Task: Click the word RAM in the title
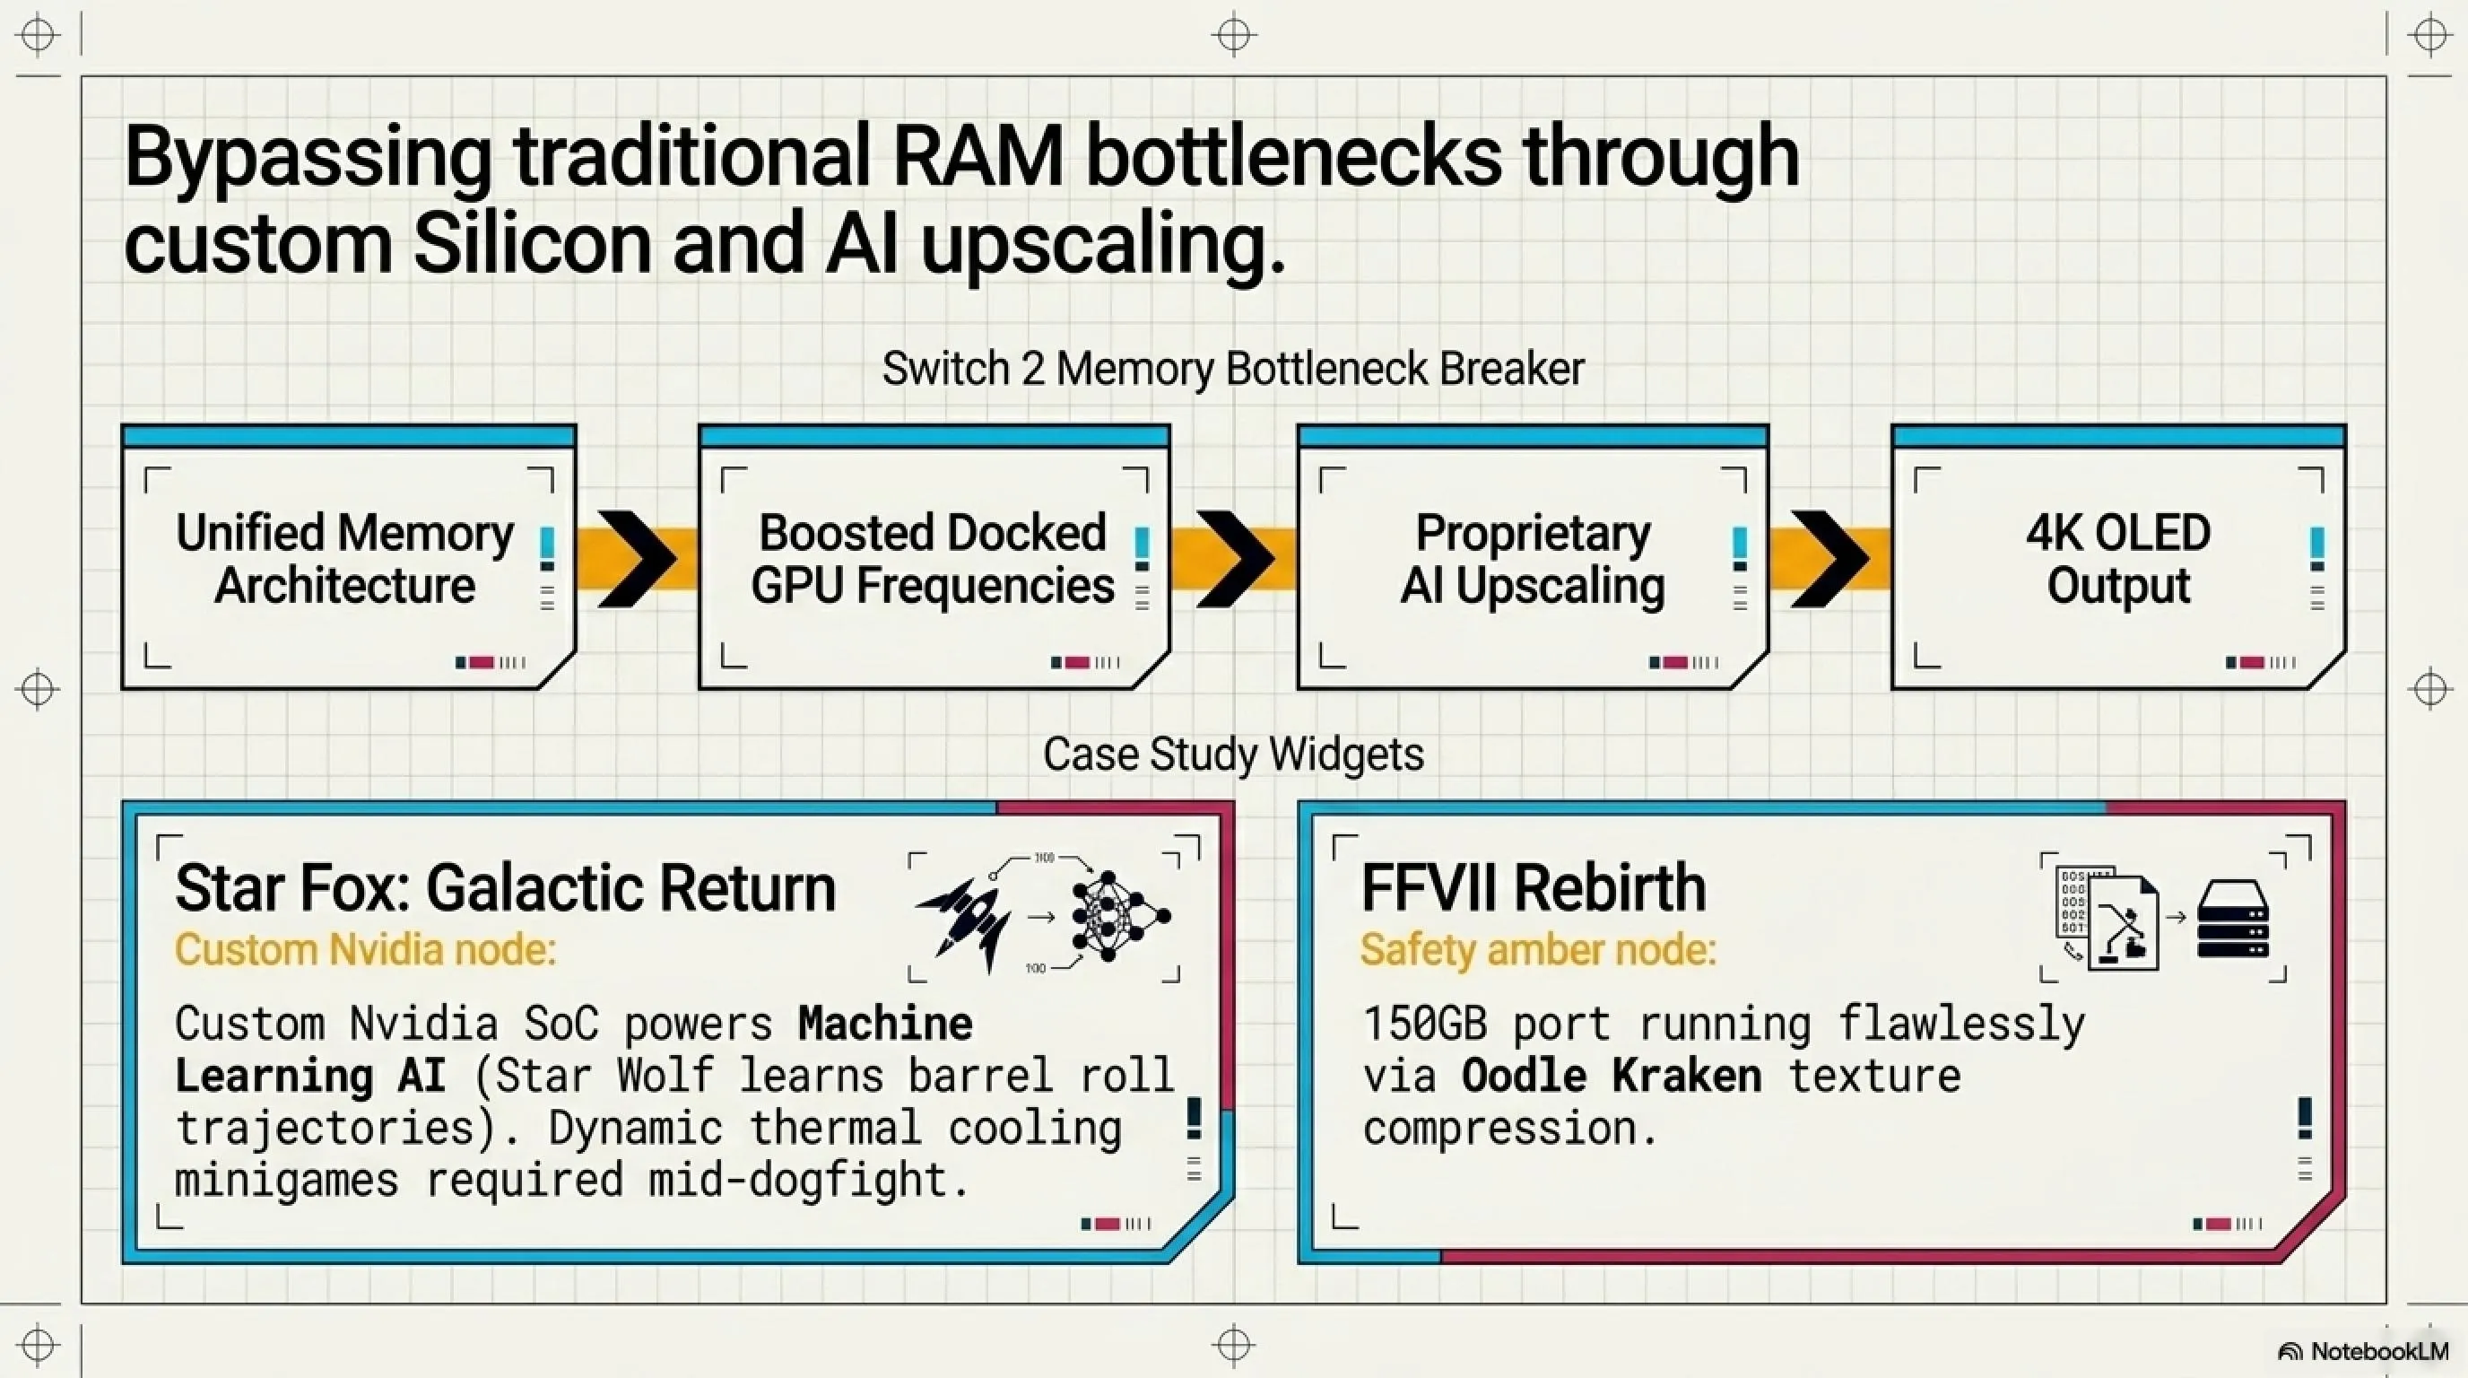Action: click(978, 157)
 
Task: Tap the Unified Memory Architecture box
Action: click(349, 557)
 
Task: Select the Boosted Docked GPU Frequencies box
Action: click(934, 557)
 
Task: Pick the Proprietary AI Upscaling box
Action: click(1533, 557)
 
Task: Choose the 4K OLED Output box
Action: click(2118, 557)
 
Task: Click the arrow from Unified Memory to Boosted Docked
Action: click(637, 559)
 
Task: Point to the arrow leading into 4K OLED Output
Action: click(1829, 559)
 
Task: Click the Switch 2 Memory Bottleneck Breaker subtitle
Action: click(1233, 369)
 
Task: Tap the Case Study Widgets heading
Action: click(1233, 754)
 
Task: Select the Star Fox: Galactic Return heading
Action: click(505, 887)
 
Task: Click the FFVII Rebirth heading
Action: click(1534, 887)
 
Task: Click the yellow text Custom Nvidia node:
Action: click(365, 951)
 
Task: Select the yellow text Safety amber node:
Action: click(1538, 951)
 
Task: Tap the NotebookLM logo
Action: click(2362, 1351)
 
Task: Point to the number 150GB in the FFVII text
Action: click(1425, 1025)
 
